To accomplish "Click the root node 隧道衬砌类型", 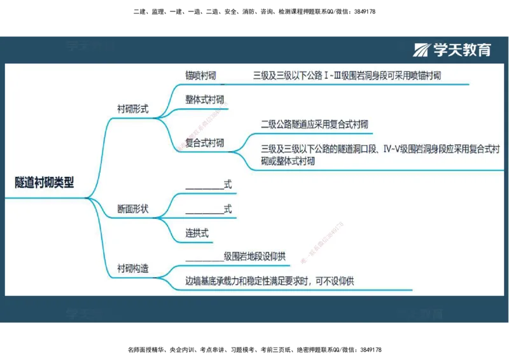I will tap(45, 183).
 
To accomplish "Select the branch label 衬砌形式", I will tap(133, 109).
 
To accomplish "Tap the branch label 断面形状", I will tap(133, 209).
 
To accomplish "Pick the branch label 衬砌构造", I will tap(133, 268).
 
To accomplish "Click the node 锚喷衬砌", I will tap(200, 76).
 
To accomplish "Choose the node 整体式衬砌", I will tap(204, 100).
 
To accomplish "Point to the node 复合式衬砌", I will tap(204, 143).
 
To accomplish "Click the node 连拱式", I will tap(197, 233).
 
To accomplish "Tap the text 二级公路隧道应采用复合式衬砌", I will tap(314, 124).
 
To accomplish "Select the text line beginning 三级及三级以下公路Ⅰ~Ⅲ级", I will tap(347, 76).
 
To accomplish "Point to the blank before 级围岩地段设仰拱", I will tap(204, 257).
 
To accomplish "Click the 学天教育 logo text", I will tap(463, 50).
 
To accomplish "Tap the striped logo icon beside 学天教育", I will tap(422, 50).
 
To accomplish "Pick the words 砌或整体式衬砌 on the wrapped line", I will tap(288, 162).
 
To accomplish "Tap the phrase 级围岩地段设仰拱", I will tap(254, 257).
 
